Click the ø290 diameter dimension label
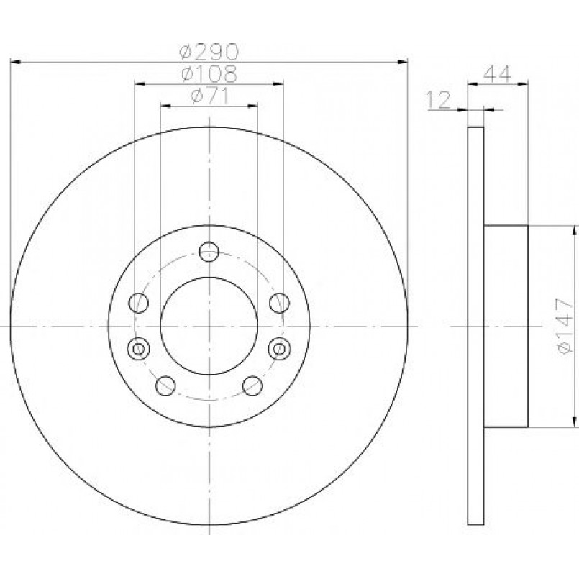(x=209, y=52)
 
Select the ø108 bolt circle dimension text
(x=209, y=74)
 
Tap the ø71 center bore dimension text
(x=210, y=96)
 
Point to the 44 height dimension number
(x=498, y=74)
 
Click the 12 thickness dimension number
(x=439, y=100)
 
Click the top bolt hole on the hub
(x=209, y=252)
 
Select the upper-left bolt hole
(x=139, y=302)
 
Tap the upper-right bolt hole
(x=280, y=302)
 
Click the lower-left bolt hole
(x=165, y=386)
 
